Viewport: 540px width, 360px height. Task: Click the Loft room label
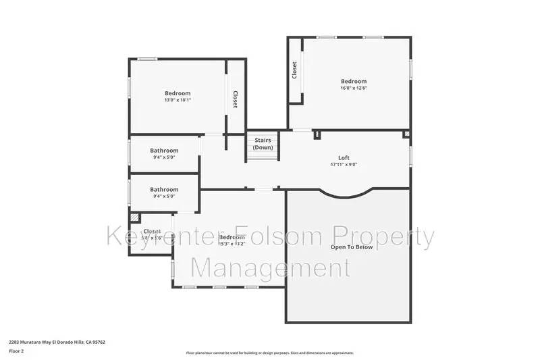coord(344,157)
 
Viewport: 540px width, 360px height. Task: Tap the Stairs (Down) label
coord(263,144)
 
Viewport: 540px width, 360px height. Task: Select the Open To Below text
coord(352,247)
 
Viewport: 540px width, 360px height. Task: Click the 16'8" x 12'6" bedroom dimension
coord(354,88)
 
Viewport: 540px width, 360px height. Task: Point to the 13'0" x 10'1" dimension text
coord(178,100)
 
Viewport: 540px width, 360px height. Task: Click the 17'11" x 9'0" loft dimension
coord(344,164)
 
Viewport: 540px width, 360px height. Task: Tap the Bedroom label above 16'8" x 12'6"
coord(354,81)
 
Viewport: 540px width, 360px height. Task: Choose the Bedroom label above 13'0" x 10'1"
coord(178,93)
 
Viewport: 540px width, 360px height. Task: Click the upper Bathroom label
coord(164,151)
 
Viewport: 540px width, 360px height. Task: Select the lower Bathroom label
coord(164,190)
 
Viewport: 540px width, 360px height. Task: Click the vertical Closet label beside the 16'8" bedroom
coord(294,70)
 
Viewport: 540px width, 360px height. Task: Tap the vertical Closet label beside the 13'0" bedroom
coord(235,100)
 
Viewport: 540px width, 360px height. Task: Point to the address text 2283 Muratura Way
coord(57,342)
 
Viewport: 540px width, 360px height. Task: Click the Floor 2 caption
coord(16,351)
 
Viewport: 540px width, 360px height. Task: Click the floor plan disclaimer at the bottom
coord(270,353)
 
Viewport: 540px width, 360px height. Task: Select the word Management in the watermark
coord(270,267)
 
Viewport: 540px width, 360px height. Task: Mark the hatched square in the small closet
coord(134,217)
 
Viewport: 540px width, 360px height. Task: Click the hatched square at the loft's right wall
coord(406,134)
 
